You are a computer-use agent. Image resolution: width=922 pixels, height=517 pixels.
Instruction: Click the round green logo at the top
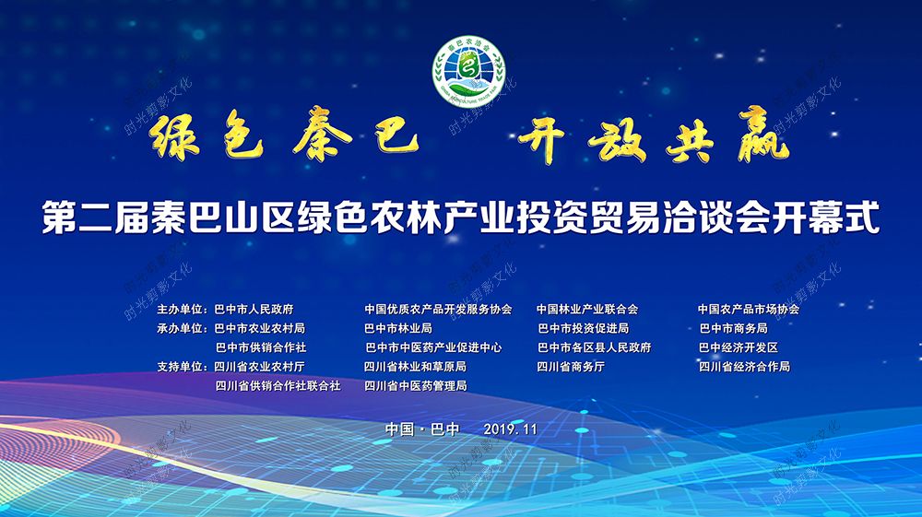pyautogui.click(x=468, y=72)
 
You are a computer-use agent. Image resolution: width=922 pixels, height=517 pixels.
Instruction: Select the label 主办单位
pyautogui.click(x=180, y=309)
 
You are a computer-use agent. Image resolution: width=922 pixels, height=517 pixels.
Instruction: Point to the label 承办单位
pyautogui.click(x=180, y=328)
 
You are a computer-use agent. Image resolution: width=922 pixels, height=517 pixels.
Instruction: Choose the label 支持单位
pyautogui.click(x=180, y=367)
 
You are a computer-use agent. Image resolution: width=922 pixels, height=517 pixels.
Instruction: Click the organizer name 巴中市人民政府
pyautogui.click(x=254, y=309)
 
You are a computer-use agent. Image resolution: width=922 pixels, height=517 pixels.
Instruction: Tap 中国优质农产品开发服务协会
pyautogui.click(x=438, y=309)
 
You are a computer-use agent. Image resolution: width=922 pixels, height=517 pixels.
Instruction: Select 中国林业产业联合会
pyautogui.click(x=587, y=309)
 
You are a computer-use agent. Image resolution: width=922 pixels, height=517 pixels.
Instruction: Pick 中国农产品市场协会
pyautogui.click(x=749, y=309)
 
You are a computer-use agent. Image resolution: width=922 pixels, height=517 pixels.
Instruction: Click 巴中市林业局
pyautogui.click(x=398, y=328)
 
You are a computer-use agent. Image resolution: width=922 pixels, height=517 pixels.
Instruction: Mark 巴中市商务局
pyautogui.click(x=733, y=328)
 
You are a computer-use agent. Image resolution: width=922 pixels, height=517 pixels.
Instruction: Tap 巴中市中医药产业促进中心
pyautogui.click(x=433, y=347)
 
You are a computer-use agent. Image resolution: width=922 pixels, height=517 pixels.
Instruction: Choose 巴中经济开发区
pyautogui.click(x=739, y=347)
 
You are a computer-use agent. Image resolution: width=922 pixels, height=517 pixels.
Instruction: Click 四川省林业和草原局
pyautogui.click(x=415, y=367)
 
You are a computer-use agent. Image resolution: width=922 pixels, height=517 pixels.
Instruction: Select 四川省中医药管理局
pyautogui.click(x=415, y=386)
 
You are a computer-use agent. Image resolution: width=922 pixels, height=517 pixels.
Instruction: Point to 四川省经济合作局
pyautogui.click(x=744, y=367)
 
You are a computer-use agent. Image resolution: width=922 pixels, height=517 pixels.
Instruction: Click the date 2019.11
pyautogui.click(x=511, y=429)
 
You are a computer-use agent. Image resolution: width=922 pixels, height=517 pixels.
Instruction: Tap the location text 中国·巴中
pyautogui.click(x=422, y=429)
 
